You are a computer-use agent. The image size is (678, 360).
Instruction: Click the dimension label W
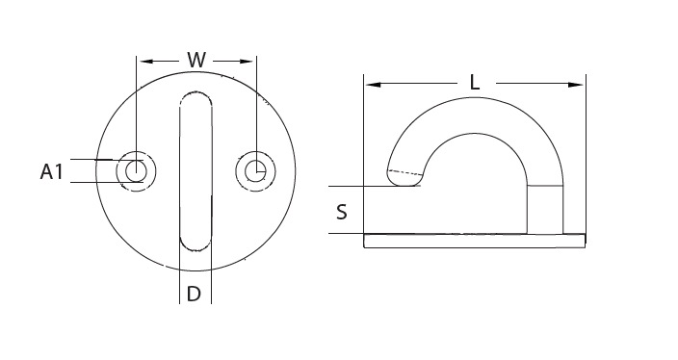[196, 60]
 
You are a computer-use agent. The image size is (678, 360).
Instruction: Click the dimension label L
[475, 83]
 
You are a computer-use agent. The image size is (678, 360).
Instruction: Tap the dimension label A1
[51, 171]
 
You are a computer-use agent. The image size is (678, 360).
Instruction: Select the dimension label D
[195, 294]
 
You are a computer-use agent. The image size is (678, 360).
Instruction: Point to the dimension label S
[342, 212]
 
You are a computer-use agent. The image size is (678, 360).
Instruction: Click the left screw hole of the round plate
[136, 171]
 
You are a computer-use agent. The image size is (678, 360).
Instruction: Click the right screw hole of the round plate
[256, 171]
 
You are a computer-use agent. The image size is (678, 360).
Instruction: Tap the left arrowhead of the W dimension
[146, 62]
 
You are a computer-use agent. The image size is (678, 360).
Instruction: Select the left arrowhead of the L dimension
[373, 85]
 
